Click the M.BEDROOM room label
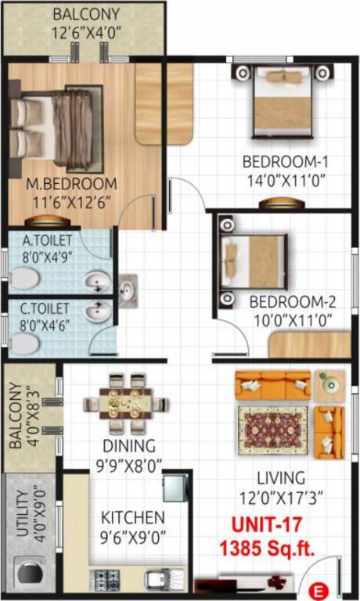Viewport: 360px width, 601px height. click(x=71, y=184)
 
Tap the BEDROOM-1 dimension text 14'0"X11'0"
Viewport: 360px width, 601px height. click(x=283, y=181)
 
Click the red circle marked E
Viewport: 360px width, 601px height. click(x=318, y=588)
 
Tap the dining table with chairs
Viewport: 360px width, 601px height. click(x=126, y=404)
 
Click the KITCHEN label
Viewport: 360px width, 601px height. click(x=133, y=517)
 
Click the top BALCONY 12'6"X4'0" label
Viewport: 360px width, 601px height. click(x=86, y=15)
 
